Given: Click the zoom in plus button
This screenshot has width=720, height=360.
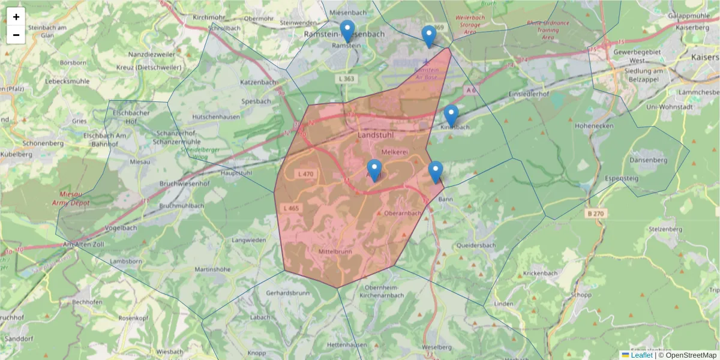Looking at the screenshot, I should (x=16, y=17).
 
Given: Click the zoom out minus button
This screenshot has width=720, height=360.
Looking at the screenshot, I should (x=16, y=35).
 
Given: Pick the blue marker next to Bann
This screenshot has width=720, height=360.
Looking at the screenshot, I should (x=436, y=172).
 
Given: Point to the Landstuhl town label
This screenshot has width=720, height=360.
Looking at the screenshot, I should (x=374, y=136).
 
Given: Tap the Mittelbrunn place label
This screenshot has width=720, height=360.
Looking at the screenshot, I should (x=335, y=251).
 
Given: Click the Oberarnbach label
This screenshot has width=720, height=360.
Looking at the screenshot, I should (x=403, y=213).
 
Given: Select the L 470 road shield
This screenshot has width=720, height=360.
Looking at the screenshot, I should (x=305, y=174).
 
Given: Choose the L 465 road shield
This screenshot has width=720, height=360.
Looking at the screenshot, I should (x=290, y=208).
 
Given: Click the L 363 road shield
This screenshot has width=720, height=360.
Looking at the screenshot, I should (x=346, y=79).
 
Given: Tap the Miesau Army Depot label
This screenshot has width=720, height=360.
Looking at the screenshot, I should (x=74, y=199).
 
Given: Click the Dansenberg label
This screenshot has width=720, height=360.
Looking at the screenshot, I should (x=648, y=160).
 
